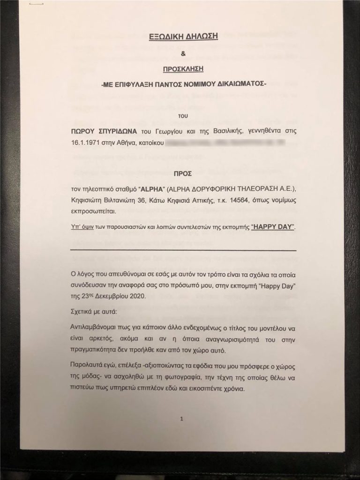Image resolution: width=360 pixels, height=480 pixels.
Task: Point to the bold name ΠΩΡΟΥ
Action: [83, 128]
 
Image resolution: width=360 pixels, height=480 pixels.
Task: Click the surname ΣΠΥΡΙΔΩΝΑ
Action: [121, 128]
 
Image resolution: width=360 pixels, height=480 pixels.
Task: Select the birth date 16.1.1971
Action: [85, 140]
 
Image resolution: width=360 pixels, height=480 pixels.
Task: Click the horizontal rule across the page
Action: [182, 250]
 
